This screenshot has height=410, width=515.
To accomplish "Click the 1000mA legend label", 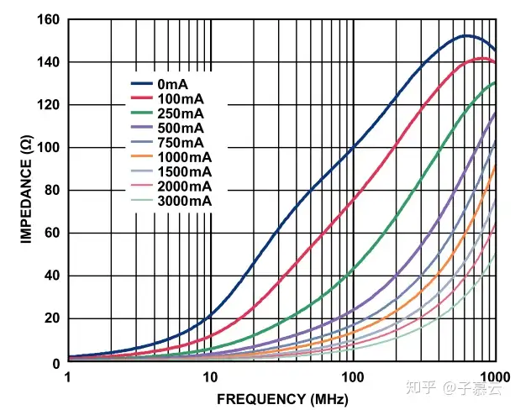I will pyautogui.click(x=185, y=157).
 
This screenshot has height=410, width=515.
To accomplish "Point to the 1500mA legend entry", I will pyautogui.click(x=185, y=172).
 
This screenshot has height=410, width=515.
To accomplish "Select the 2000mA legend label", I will pyautogui.click(x=185, y=187).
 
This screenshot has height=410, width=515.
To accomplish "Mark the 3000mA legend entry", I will pyautogui.click(x=185, y=202).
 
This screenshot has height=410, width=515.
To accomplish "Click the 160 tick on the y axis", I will pyautogui.click(x=47, y=20).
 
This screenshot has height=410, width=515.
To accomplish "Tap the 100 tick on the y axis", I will pyautogui.click(x=47, y=148).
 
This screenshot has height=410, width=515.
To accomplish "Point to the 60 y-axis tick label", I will pyautogui.click(x=50, y=234).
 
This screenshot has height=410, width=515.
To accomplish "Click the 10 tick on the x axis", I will pyautogui.click(x=209, y=377).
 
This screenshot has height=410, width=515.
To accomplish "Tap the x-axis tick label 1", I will pyautogui.click(x=67, y=377).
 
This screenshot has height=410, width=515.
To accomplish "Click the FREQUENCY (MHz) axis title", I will pyautogui.click(x=282, y=398).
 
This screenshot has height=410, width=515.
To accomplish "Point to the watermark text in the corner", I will pyautogui.click(x=458, y=387).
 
